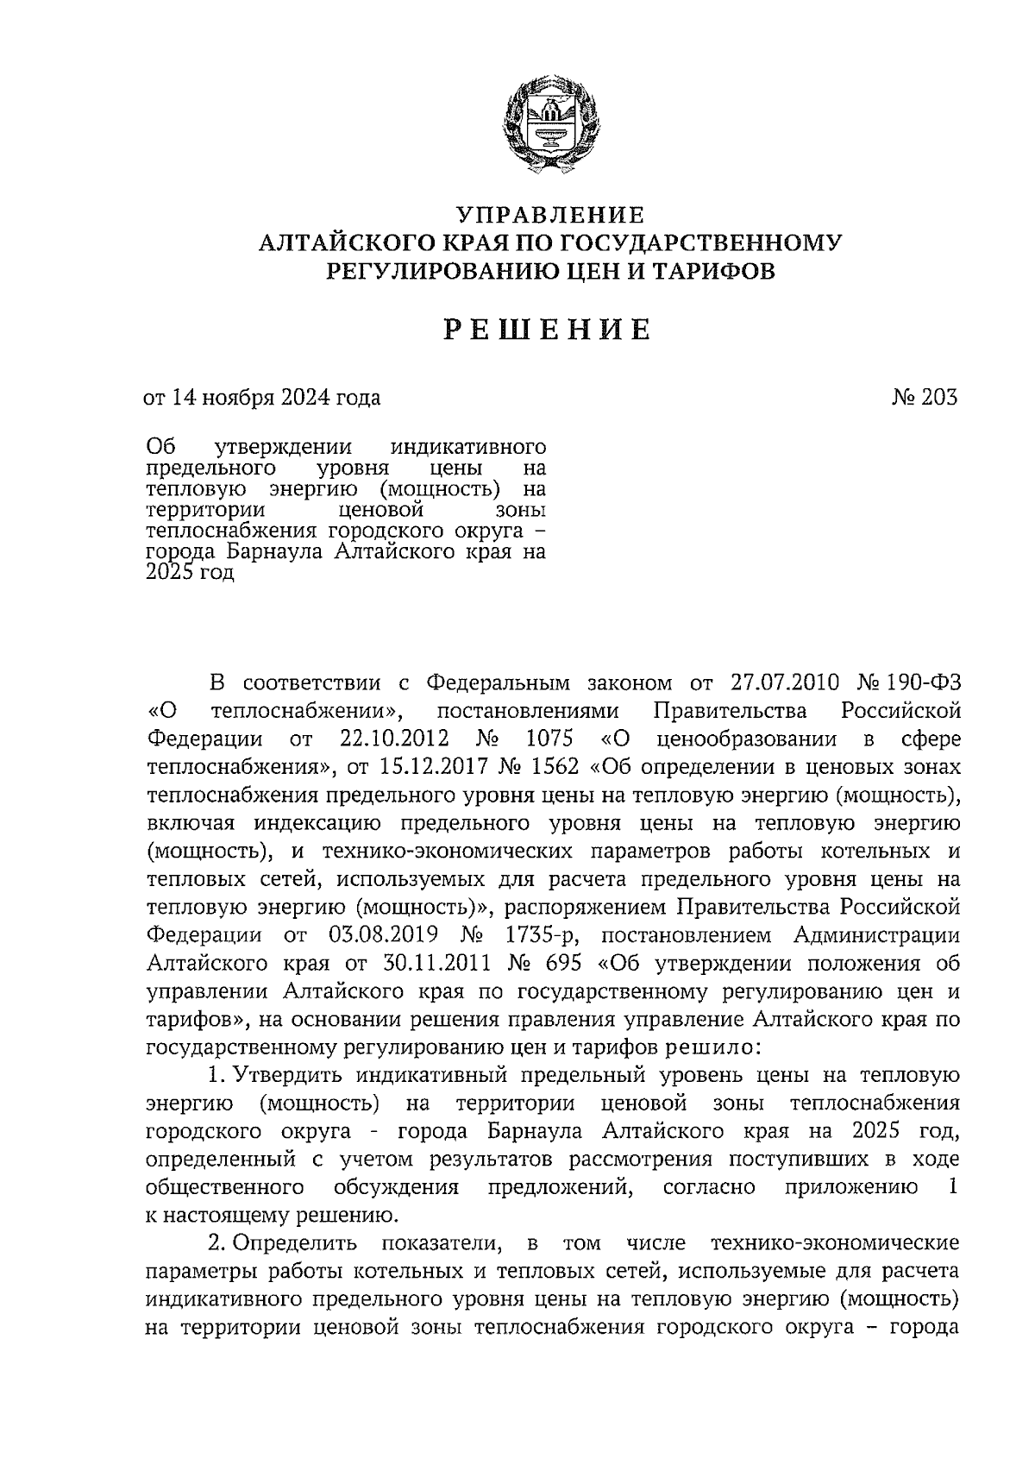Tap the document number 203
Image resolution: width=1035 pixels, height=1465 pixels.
938,398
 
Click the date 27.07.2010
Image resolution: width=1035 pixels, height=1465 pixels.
784,682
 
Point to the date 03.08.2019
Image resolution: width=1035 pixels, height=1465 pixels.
382,935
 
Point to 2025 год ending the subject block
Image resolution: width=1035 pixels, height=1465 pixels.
191,573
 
